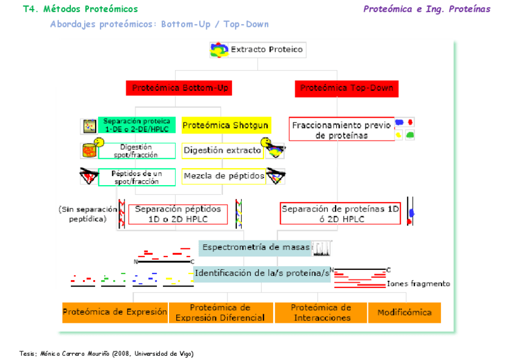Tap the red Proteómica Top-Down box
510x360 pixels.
click(x=346, y=88)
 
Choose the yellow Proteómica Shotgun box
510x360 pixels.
click(x=226, y=126)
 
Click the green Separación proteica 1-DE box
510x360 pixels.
click(x=137, y=125)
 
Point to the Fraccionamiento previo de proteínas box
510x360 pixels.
click(x=341, y=130)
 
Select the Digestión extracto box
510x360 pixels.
click(x=223, y=150)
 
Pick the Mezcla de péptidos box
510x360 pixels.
click(x=224, y=176)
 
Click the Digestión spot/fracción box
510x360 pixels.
click(x=138, y=150)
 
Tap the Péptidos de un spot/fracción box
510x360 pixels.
click(x=138, y=177)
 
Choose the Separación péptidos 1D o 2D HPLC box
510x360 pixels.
click(x=178, y=214)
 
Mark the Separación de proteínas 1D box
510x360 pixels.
click(x=340, y=214)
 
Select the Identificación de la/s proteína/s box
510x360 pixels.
click(x=262, y=273)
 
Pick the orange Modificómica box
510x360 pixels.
click(x=404, y=313)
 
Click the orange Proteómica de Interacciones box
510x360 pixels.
click(x=321, y=312)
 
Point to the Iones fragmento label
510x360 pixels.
click(x=418, y=284)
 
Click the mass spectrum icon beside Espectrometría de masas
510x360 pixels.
click(x=322, y=248)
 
